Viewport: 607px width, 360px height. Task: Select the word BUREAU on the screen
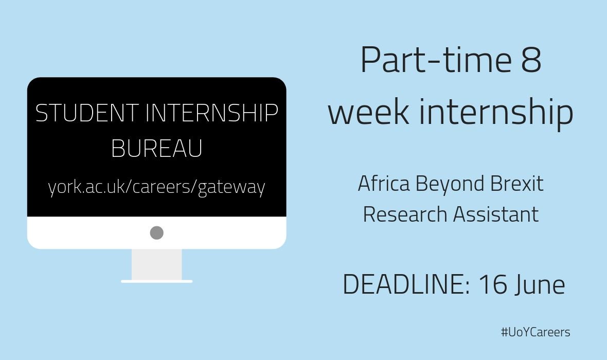tap(156, 150)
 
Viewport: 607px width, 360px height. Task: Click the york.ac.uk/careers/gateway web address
tap(156, 187)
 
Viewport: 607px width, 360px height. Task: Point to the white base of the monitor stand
tap(157, 281)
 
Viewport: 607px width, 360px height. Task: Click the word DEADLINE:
tap(406, 285)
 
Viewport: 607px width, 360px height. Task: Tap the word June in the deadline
tap(540, 285)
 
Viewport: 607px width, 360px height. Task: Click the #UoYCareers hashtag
tap(535, 332)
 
